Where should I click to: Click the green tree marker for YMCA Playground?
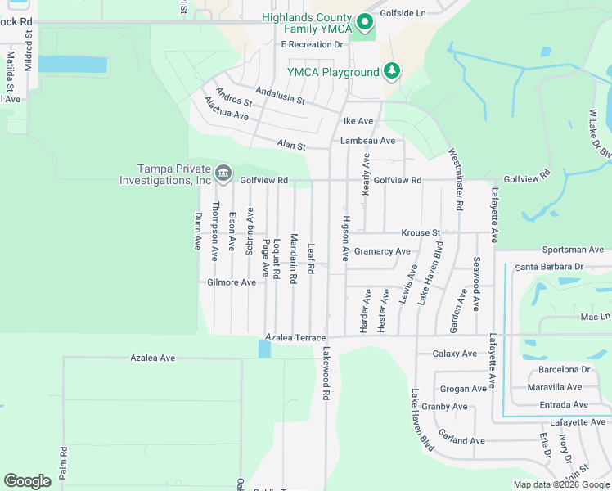coord(393,71)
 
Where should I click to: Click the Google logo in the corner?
coord(27,481)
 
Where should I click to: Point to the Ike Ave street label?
coord(358,121)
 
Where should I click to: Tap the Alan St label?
coord(290,146)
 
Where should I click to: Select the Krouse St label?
coord(421,233)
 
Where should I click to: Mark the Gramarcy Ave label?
coord(382,251)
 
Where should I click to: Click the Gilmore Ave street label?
coord(232,282)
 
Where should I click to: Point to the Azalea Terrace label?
coord(295,337)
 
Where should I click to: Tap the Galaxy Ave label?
coord(454,354)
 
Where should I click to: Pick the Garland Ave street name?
coord(461,440)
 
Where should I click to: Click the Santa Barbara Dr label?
coord(548,267)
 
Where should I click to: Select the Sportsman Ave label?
coord(573,250)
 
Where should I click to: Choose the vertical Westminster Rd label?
coord(457,179)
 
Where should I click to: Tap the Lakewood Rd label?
coord(326,372)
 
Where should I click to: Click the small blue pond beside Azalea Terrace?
coord(263,349)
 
